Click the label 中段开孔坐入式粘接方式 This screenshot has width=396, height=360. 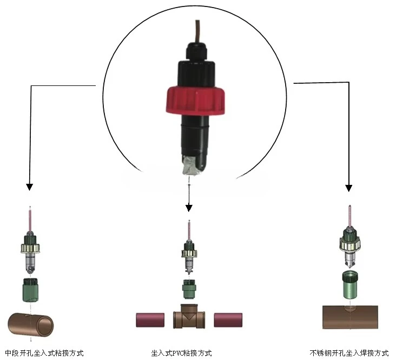(44, 353)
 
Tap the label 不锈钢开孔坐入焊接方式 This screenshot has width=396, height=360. (349, 353)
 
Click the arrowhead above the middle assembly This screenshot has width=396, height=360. (189, 208)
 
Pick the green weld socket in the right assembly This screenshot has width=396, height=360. (349, 285)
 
